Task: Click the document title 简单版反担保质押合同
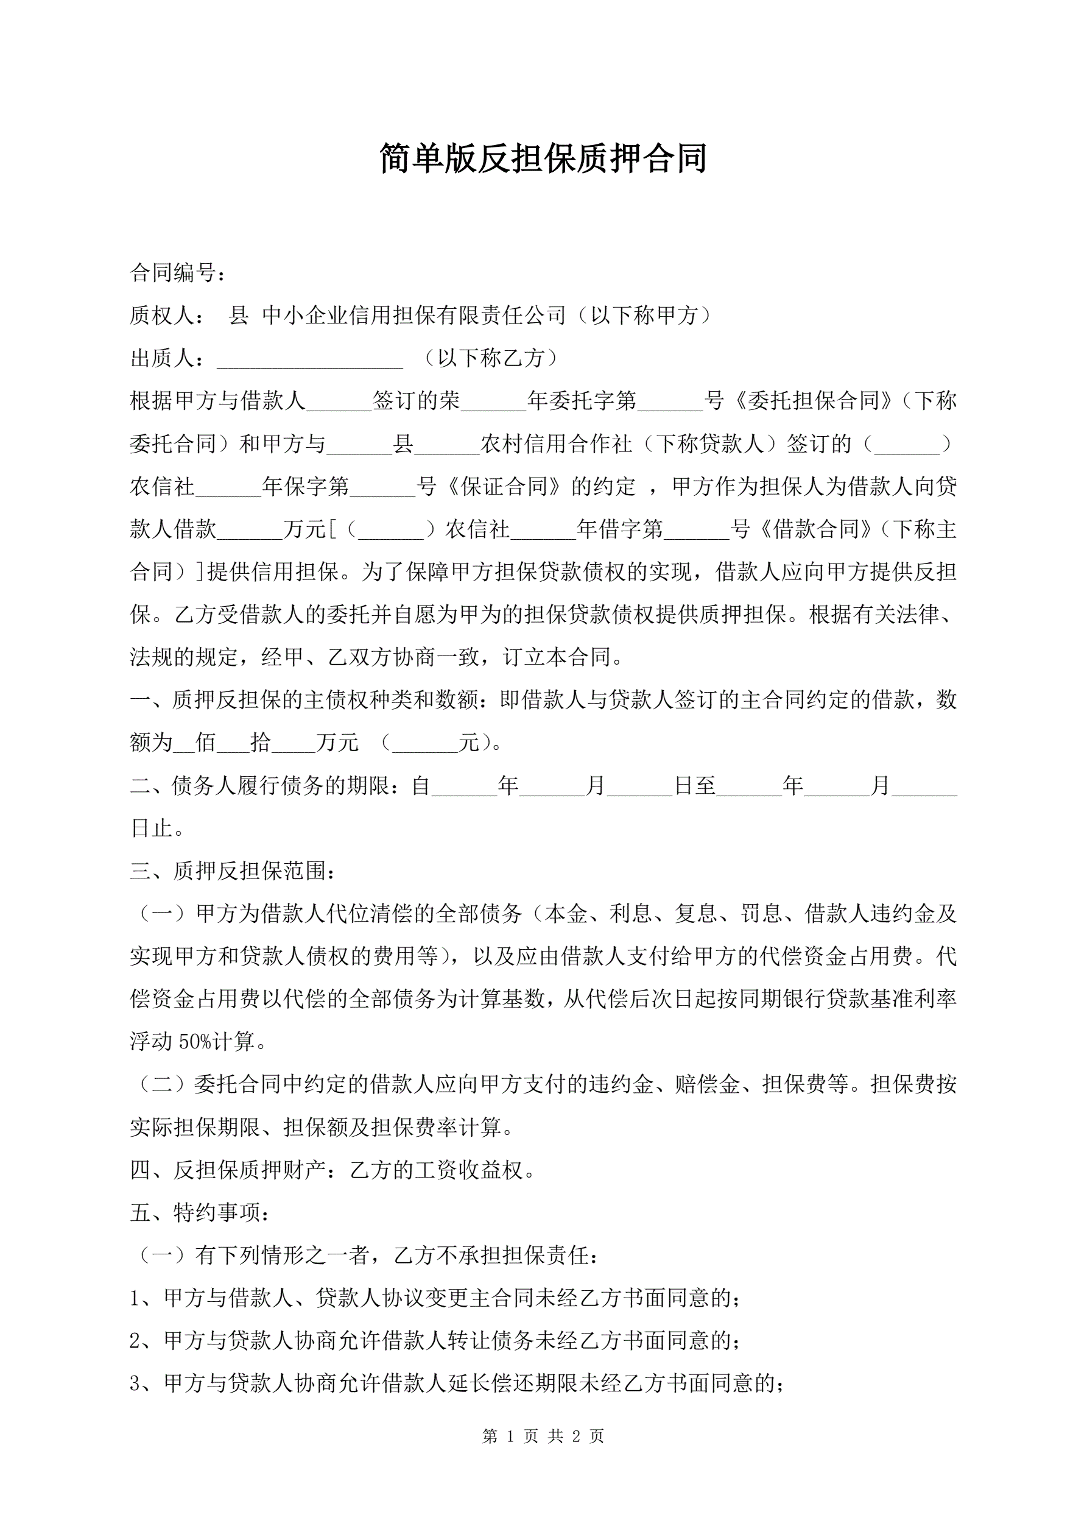pyautogui.click(x=543, y=158)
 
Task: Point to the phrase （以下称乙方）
pyautogui.click(x=491, y=358)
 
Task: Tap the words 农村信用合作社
pyautogui.click(x=556, y=444)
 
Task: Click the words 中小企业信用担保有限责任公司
pyautogui.click(x=414, y=316)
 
